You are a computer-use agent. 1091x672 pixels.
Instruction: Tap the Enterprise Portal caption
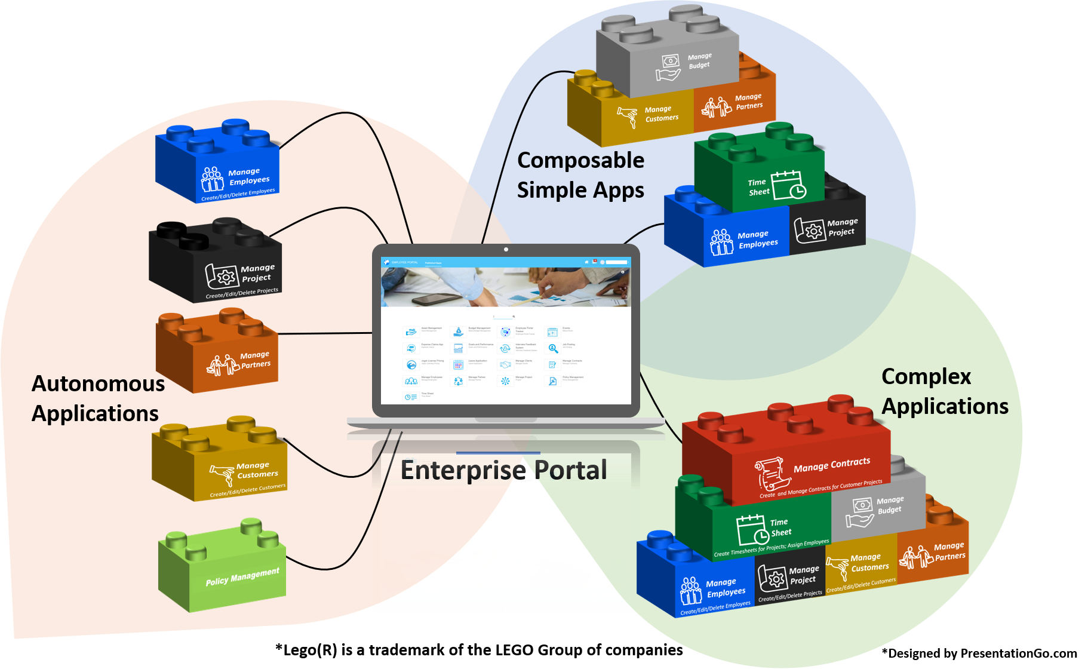click(x=503, y=470)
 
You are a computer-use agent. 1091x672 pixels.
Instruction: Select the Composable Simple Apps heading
click(x=580, y=175)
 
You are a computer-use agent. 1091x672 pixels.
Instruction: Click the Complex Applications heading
click(x=944, y=392)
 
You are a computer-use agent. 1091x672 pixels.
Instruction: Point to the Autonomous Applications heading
click(x=98, y=398)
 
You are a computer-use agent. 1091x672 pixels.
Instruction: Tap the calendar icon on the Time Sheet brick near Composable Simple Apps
click(x=788, y=185)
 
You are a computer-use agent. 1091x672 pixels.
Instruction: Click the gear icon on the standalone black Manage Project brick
click(x=225, y=277)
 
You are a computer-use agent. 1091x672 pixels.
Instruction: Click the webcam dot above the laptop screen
click(x=506, y=249)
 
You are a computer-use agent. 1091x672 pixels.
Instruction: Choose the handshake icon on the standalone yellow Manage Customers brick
click(x=222, y=474)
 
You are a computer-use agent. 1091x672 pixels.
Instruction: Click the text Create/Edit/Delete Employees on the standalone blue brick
click(x=238, y=195)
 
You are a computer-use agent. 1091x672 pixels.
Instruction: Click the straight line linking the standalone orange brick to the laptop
click(x=325, y=333)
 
